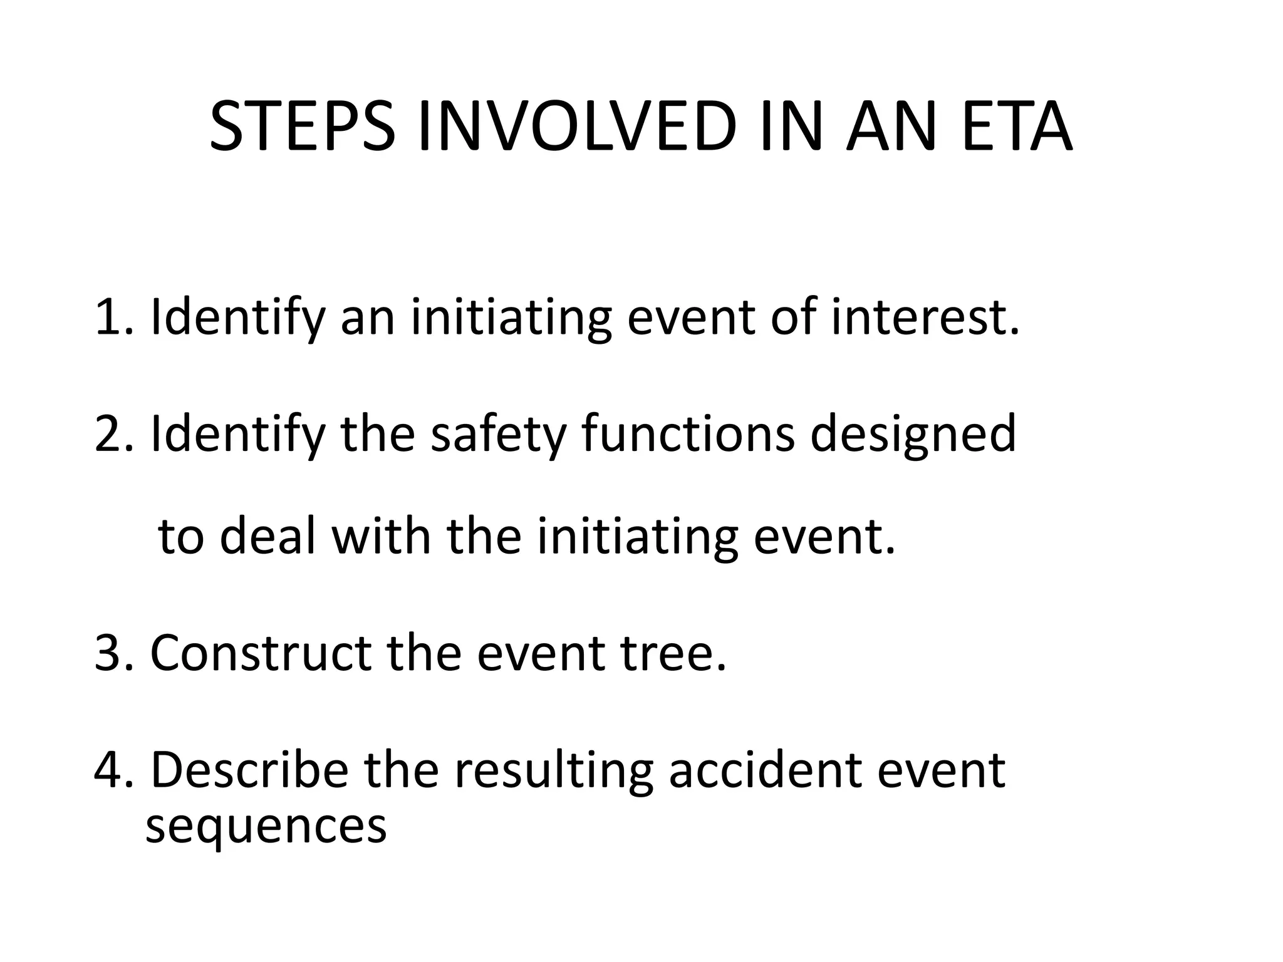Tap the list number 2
108,434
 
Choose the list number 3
108,653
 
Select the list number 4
108,770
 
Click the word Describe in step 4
249,770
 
